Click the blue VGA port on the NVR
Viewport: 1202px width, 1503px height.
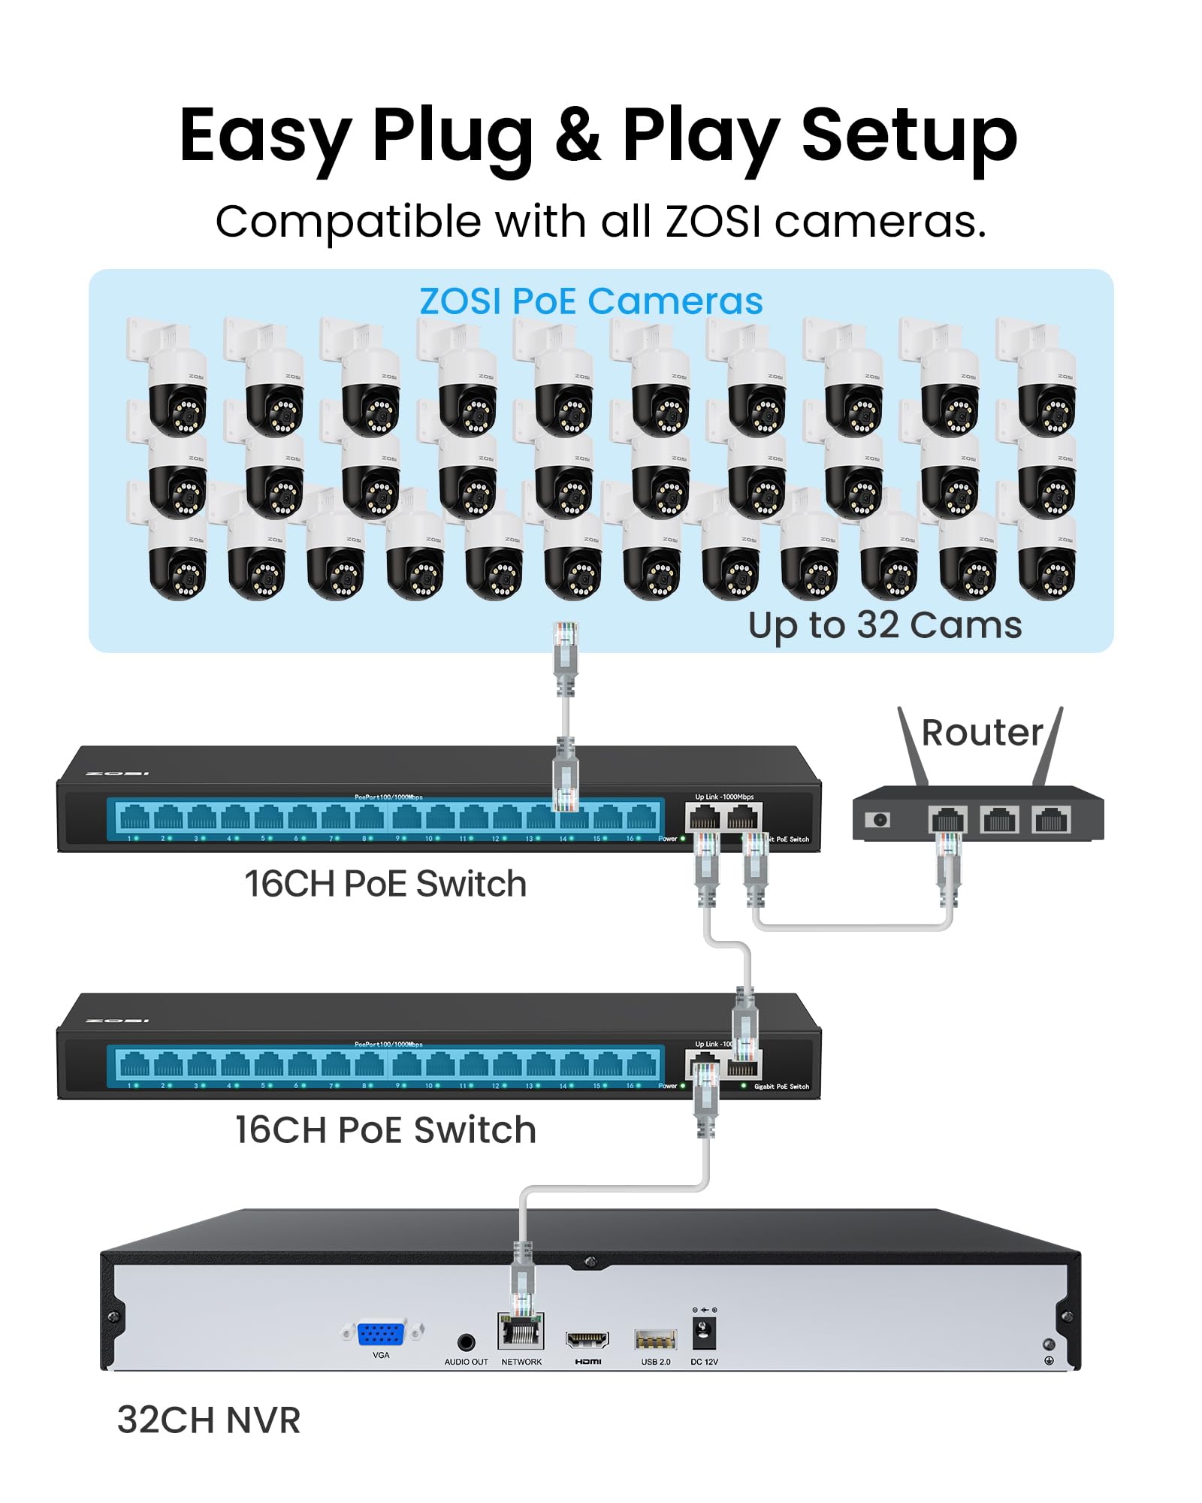(x=381, y=1335)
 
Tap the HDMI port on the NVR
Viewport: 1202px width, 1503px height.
(x=587, y=1340)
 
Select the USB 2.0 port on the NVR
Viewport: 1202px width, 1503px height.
(x=655, y=1340)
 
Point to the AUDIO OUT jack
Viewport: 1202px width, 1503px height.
(x=466, y=1342)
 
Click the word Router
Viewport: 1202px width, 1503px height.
(x=982, y=733)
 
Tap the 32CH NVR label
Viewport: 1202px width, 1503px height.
(x=209, y=1420)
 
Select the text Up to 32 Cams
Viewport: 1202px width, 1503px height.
(x=885, y=625)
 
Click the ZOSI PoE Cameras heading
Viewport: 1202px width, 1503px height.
(x=590, y=301)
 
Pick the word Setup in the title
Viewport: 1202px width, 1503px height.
(x=909, y=137)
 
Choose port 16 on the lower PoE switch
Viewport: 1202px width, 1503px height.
(x=641, y=1064)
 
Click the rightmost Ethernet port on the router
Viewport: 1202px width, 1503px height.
(x=1051, y=818)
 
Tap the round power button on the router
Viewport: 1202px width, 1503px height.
(x=877, y=819)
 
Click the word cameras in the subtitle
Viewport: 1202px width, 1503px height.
(x=880, y=222)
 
